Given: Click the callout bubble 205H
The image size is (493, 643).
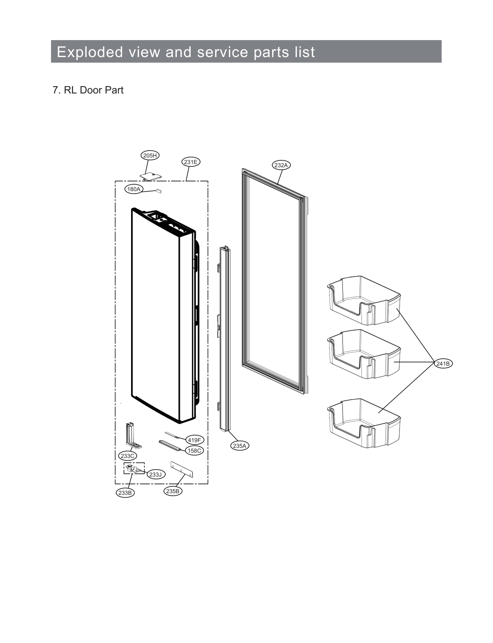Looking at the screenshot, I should (x=150, y=155).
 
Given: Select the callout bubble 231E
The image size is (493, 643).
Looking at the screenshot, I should (x=190, y=162).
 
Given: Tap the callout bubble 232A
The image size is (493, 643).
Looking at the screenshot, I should (x=281, y=165).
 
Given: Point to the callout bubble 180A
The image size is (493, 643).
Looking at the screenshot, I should (x=133, y=189).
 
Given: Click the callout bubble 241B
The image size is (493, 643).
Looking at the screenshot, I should (x=443, y=364).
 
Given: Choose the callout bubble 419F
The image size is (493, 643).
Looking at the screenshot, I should (x=194, y=440).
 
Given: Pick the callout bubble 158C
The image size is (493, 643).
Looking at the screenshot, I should (x=194, y=450).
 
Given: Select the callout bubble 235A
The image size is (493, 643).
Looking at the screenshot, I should (x=239, y=446).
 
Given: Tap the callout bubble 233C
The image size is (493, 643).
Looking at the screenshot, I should (x=127, y=456).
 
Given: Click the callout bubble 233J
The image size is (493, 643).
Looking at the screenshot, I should (x=155, y=474).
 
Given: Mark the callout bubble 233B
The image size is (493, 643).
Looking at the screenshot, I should (x=125, y=493).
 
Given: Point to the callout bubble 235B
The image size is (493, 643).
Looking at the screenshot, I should (x=173, y=491).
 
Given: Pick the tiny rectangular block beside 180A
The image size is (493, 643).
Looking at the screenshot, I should (x=159, y=190).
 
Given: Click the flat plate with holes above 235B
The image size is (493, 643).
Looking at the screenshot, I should (x=182, y=469).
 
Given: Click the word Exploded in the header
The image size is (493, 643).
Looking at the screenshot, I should (x=90, y=52).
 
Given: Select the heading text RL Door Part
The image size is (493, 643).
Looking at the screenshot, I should (x=93, y=90).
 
